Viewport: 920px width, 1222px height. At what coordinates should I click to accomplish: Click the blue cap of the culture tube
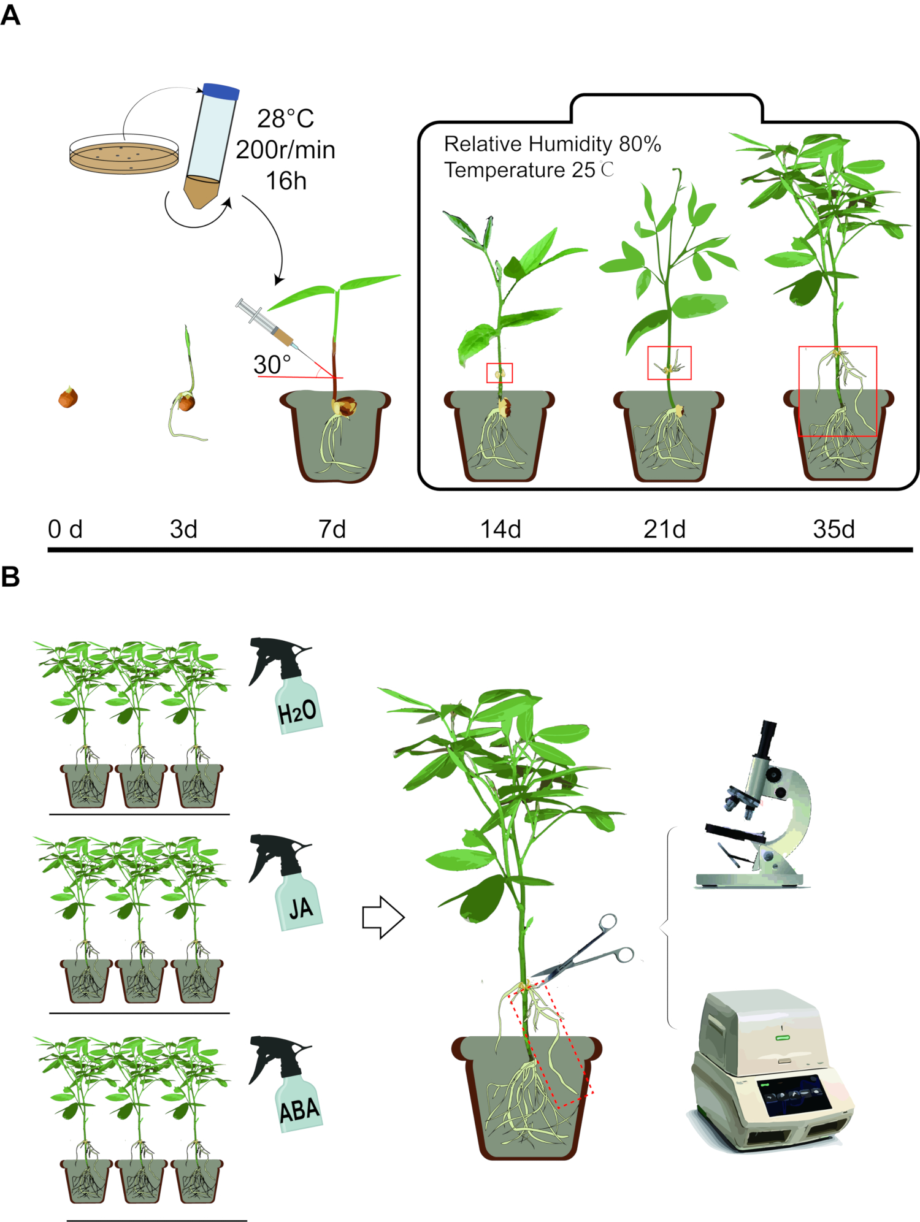pyautogui.click(x=221, y=91)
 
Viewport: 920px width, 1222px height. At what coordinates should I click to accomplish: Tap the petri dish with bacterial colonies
pyautogui.click(x=125, y=155)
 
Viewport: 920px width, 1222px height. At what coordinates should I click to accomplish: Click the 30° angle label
pyautogui.click(x=272, y=365)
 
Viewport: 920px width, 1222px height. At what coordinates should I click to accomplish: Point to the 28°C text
pyautogui.click(x=285, y=119)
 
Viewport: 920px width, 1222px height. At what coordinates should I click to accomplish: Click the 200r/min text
pyautogui.click(x=285, y=150)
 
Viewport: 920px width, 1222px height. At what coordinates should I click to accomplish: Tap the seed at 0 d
pyautogui.click(x=68, y=398)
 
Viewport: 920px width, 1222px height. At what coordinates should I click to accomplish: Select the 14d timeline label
pyautogui.click(x=500, y=529)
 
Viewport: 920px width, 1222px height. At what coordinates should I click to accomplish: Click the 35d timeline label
pyautogui.click(x=834, y=529)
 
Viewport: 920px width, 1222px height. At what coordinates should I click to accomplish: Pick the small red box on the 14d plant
pyautogui.click(x=499, y=373)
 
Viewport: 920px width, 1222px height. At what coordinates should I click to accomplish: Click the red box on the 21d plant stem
pyautogui.click(x=669, y=363)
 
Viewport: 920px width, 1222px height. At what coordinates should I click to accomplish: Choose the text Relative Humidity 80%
pyautogui.click(x=552, y=144)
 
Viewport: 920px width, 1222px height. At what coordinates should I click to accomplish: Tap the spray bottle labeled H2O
pyautogui.click(x=288, y=687)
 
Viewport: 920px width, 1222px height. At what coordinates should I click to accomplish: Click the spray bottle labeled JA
pyautogui.click(x=288, y=883)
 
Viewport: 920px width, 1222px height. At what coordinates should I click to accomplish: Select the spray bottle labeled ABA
pyautogui.click(x=288, y=1085)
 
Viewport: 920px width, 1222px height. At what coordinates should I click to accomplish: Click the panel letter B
pyautogui.click(x=10, y=577)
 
